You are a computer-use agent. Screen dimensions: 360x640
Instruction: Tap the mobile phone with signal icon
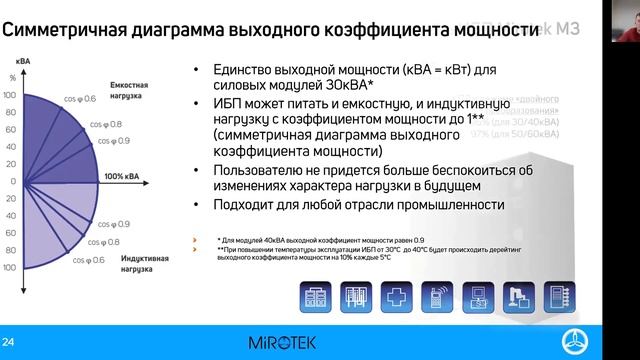438,296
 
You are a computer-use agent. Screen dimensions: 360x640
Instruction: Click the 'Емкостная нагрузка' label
127,91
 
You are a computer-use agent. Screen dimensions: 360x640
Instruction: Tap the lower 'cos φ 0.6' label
87,261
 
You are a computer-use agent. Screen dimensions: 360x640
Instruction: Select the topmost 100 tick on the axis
12,94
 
